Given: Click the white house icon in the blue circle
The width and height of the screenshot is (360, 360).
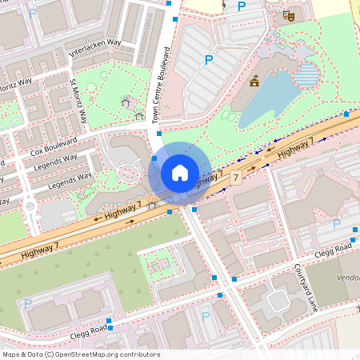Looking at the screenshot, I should pyautogui.click(x=180, y=172).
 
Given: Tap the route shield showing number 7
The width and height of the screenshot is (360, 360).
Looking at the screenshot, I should pyautogui.click(x=235, y=176).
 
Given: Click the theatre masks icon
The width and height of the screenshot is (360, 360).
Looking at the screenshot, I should pyautogui.click(x=289, y=15).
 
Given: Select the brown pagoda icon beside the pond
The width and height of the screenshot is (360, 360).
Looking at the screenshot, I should pyautogui.click(x=254, y=80).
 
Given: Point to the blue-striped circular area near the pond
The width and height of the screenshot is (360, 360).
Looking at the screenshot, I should pyautogui.click(x=306, y=76).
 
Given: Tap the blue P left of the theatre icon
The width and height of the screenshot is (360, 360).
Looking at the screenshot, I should pyautogui.click(x=242, y=7).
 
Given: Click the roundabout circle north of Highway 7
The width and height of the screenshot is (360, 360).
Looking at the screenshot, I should pyautogui.click(x=128, y=172).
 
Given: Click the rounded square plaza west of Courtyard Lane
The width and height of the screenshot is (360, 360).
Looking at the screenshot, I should pyautogui.click(x=278, y=301).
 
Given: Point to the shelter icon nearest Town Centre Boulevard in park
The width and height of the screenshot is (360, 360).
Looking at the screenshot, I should pyautogui.click(x=140, y=116).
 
